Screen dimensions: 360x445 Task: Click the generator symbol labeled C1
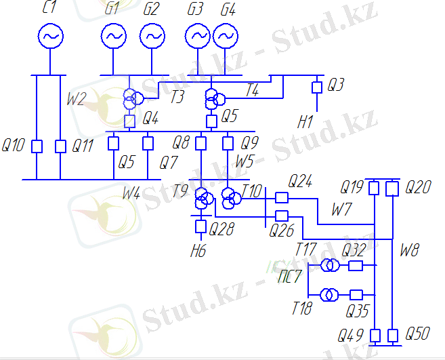click(x=49, y=37)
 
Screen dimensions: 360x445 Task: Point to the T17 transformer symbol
click(x=330, y=265)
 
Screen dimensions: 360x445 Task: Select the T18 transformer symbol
click(x=330, y=295)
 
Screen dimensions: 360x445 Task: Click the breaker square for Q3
click(x=316, y=87)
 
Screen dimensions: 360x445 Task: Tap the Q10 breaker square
click(x=37, y=146)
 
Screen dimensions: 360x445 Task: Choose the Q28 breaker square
click(x=201, y=226)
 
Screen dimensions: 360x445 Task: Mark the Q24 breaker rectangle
click(x=282, y=197)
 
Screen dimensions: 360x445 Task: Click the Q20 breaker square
click(x=391, y=188)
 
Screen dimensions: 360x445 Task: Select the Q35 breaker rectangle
click(x=356, y=295)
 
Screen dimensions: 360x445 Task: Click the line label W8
click(x=409, y=250)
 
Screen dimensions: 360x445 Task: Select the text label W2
click(x=76, y=99)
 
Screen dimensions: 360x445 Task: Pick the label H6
click(x=198, y=251)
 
